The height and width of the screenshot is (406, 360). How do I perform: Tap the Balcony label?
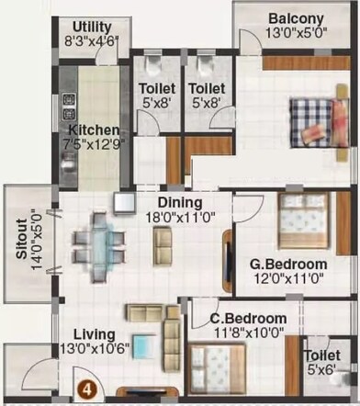click(x=295, y=18)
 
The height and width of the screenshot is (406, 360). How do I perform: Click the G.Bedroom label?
click(x=288, y=265)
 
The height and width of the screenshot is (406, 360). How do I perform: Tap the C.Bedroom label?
click(x=247, y=319)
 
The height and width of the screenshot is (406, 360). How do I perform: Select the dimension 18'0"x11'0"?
click(x=180, y=218)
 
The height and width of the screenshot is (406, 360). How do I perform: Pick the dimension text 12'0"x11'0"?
click(x=288, y=279)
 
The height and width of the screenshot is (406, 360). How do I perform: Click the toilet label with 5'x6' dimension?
click(x=322, y=362)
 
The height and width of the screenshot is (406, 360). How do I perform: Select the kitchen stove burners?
click(x=67, y=108)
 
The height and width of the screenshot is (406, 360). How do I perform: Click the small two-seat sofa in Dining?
click(x=163, y=243)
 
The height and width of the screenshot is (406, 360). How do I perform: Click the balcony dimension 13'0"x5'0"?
click(x=295, y=34)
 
